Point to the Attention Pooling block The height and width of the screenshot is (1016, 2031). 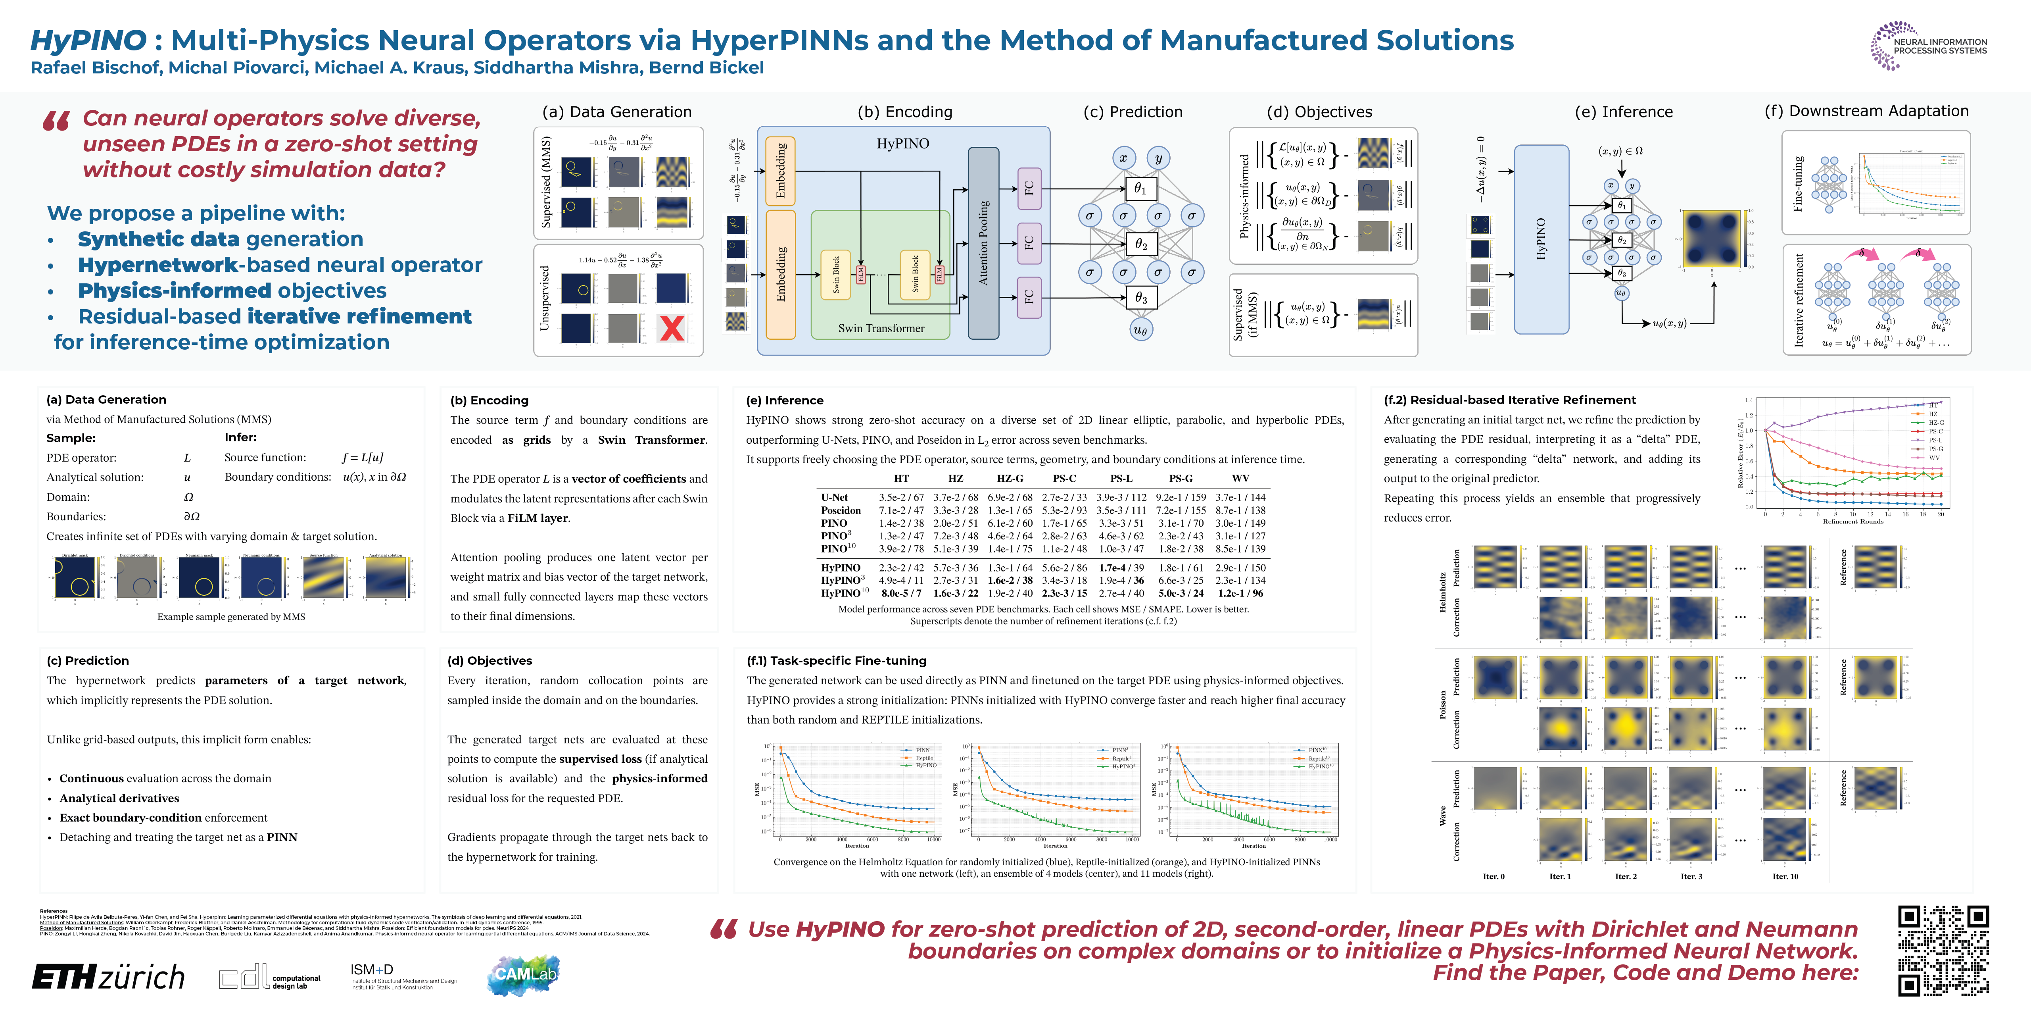click(983, 243)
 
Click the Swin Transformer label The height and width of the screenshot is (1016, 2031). click(881, 328)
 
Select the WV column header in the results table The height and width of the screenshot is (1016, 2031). click(1240, 478)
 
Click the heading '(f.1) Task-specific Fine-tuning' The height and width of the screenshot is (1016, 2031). click(837, 660)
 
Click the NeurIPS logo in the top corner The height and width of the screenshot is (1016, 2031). click(1929, 46)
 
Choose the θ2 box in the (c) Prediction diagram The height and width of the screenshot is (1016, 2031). click(1140, 244)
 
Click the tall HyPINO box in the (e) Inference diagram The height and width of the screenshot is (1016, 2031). click(1541, 239)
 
